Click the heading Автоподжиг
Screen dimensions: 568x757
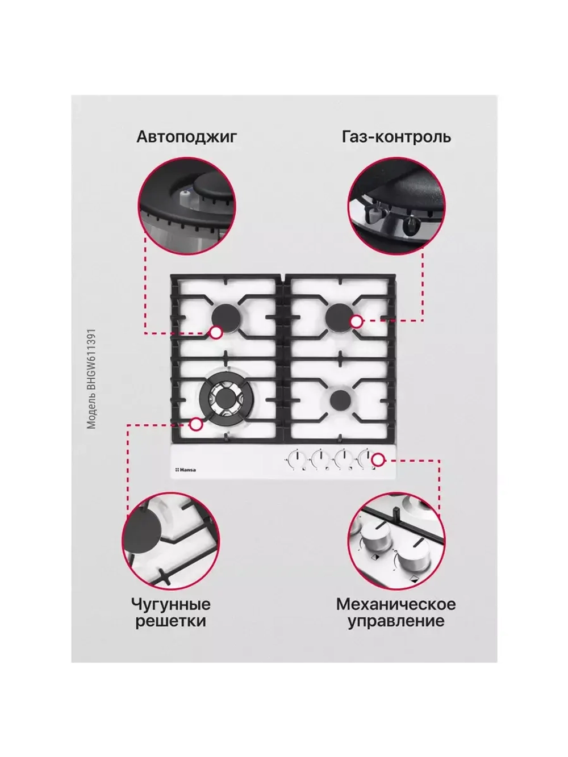[187, 137]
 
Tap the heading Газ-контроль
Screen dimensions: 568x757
[396, 137]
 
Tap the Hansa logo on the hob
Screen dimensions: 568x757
[186, 470]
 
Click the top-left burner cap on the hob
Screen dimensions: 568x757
[225, 318]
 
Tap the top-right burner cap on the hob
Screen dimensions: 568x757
[340, 316]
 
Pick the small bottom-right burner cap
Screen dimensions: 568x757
[340, 399]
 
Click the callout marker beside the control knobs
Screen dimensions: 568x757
[378, 459]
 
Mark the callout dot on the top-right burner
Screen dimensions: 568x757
[356, 321]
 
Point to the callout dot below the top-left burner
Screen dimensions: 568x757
[216, 333]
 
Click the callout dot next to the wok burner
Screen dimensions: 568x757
[196, 425]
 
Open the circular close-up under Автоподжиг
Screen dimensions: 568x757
[187, 206]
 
